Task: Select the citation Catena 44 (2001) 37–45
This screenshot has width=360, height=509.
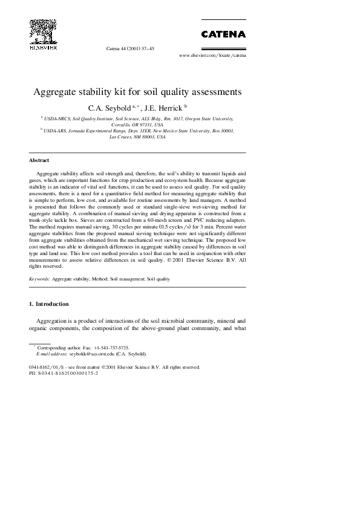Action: (x=130, y=48)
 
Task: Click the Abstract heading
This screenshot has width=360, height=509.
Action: (x=39, y=161)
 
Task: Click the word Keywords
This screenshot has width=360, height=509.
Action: (x=39, y=279)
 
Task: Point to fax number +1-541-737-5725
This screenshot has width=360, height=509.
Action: (x=111, y=348)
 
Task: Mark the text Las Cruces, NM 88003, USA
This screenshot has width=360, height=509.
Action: (x=137, y=137)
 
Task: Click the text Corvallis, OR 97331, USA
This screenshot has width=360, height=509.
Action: (x=137, y=125)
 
